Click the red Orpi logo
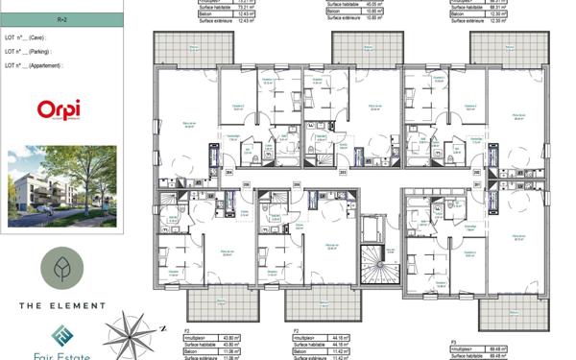pos(59,110)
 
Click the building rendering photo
pos(61,186)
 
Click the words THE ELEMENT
pos(61,305)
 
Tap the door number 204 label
pos(229,173)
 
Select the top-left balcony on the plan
pos(180,49)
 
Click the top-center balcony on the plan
pos(354,49)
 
